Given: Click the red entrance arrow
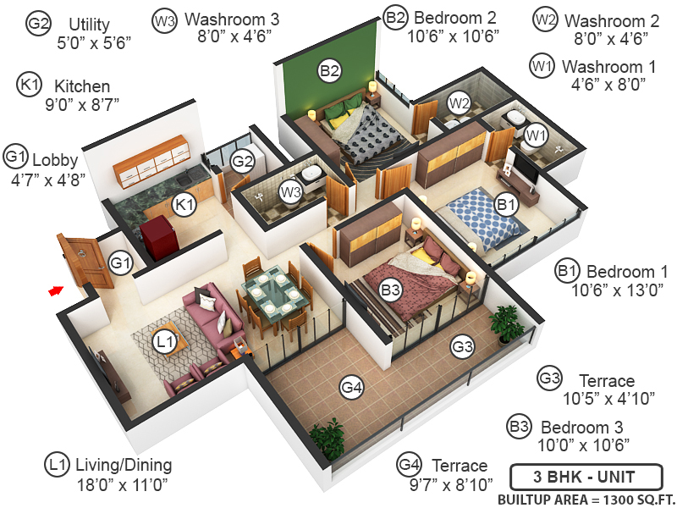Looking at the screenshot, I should click(55, 290).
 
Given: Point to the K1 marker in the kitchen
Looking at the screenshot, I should click(184, 204).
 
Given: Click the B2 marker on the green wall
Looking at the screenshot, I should click(330, 71).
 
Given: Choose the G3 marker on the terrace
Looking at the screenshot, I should click(461, 345).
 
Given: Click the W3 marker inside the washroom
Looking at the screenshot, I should click(291, 193).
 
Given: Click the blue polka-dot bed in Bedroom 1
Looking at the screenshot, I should click(478, 217).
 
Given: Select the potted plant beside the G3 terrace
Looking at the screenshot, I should click(507, 323).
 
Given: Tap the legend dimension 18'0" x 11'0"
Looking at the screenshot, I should click(122, 485).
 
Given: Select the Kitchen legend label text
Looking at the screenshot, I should click(82, 86).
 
